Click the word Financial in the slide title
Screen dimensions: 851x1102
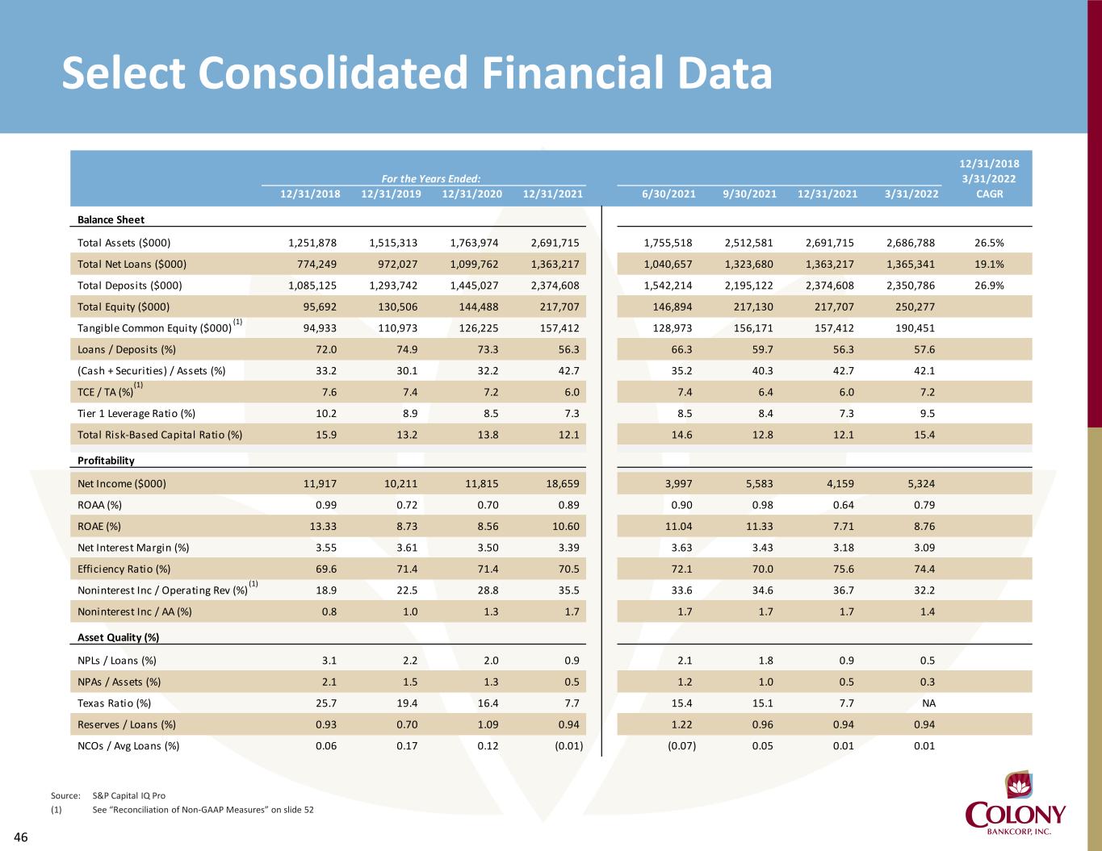coord(565,73)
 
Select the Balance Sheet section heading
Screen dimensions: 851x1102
coord(111,219)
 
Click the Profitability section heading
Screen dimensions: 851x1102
coord(106,461)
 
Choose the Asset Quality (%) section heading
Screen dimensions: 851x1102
coord(118,637)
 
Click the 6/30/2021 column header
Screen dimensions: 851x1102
coord(669,194)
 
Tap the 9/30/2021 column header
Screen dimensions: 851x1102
coord(750,194)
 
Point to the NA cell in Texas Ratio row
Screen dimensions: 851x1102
coord(928,703)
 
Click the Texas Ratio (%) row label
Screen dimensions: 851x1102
coord(114,703)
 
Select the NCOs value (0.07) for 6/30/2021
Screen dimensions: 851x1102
coord(681,745)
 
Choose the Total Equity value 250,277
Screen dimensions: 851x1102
coord(915,307)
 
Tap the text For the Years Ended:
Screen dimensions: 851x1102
coord(431,179)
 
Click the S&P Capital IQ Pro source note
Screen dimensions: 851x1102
coord(129,795)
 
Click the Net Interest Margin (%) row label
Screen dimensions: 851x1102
coord(133,548)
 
